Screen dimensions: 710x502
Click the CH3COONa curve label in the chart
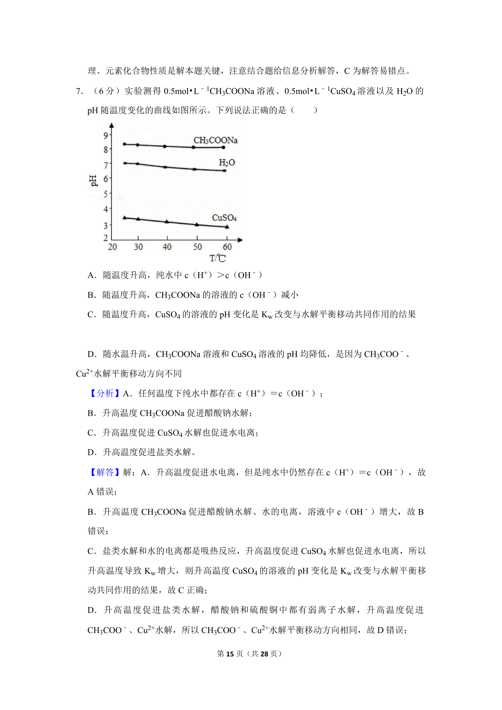[x=215, y=140]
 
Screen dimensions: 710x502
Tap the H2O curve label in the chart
[x=227, y=163]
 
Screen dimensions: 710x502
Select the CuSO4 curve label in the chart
[x=224, y=218]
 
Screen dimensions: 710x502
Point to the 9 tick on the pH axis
[x=106, y=135]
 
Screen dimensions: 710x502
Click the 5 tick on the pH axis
[x=106, y=194]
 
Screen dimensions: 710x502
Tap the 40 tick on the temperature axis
[x=167, y=247]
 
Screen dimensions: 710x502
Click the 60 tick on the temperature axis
[x=227, y=247]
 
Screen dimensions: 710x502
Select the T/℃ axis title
[x=218, y=258]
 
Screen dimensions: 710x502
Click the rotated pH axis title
[x=93, y=181]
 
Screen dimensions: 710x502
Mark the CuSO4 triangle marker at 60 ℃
[x=227, y=227]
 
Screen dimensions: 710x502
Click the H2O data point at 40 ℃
[x=165, y=167]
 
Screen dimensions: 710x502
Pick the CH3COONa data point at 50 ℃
[x=193, y=147]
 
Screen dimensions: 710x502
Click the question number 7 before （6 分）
[x=78, y=91]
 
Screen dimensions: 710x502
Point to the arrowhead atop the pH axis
[x=111, y=125]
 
